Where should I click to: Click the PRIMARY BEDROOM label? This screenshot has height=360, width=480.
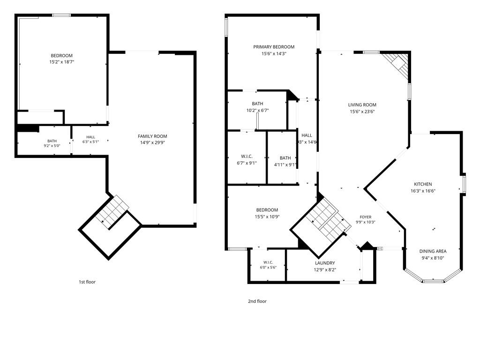[274, 47]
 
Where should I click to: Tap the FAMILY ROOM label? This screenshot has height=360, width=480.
[152, 136]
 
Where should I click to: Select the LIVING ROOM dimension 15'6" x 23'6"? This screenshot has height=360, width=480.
[362, 112]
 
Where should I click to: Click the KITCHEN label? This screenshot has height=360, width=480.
[423, 184]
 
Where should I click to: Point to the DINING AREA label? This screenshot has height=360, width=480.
[433, 251]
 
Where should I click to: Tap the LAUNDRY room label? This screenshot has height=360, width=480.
[325, 263]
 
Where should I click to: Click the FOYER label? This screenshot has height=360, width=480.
[366, 217]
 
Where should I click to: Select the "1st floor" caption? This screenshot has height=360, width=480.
[87, 282]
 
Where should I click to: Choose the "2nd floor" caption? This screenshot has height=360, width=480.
[257, 301]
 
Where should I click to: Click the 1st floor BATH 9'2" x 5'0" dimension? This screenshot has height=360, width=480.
[52, 146]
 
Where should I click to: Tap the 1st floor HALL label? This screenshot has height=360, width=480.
[90, 137]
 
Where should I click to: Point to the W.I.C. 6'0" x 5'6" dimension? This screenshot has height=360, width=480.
[268, 267]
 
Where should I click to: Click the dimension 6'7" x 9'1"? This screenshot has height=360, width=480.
[247, 163]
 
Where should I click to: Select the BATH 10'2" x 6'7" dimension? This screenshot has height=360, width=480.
[257, 110]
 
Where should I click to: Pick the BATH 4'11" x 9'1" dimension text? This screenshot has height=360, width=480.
[285, 165]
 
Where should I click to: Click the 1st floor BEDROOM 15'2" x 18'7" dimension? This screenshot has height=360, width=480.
[62, 62]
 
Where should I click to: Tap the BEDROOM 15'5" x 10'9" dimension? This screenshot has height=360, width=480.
[267, 217]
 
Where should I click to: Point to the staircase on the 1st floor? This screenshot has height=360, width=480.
[112, 211]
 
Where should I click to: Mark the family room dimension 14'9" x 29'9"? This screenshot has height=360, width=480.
[152, 142]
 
